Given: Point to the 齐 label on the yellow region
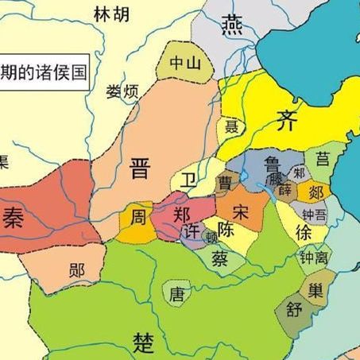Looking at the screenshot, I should (285, 122).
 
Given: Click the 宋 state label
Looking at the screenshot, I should (242, 212).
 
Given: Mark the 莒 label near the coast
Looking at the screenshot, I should (323, 158).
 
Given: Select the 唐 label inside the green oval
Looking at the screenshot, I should (176, 294).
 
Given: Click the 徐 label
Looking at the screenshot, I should (303, 232).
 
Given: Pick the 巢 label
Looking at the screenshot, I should (316, 287).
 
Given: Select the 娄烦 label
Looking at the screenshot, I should (122, 91).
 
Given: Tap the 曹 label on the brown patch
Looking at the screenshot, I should (225, 184).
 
